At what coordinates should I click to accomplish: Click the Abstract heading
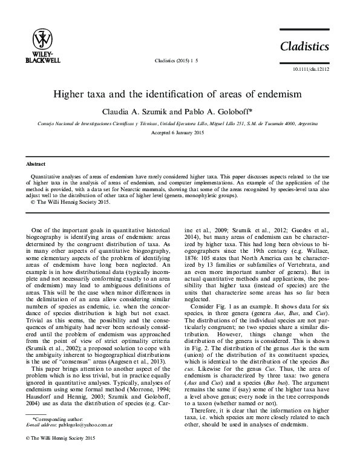tap(37, 164)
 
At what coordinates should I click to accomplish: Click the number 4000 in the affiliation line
tap(279, 122)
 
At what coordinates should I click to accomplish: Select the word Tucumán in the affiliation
tap(261, 122)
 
